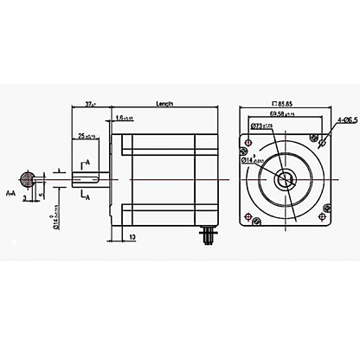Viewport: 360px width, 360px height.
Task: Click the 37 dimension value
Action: [x=91, y=104]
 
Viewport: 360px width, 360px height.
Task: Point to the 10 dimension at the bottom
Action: [x=131, y=235]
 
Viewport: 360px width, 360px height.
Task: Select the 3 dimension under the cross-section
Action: [x=26, y=198]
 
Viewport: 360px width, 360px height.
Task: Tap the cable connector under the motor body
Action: [x=208, y=234]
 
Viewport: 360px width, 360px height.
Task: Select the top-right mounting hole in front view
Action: [x=323, y=137]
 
